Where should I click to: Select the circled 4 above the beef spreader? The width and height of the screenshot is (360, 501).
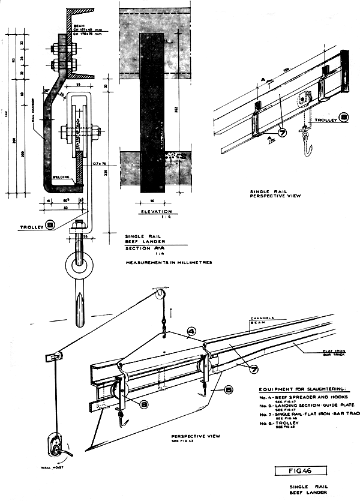pyautogui.click(x=191, y=329)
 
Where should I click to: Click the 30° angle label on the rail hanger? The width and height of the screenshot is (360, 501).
pyautogui.click(x=46, y=89)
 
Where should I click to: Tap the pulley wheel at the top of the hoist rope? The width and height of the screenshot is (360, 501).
pyautogui.click(x=159, y=295)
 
